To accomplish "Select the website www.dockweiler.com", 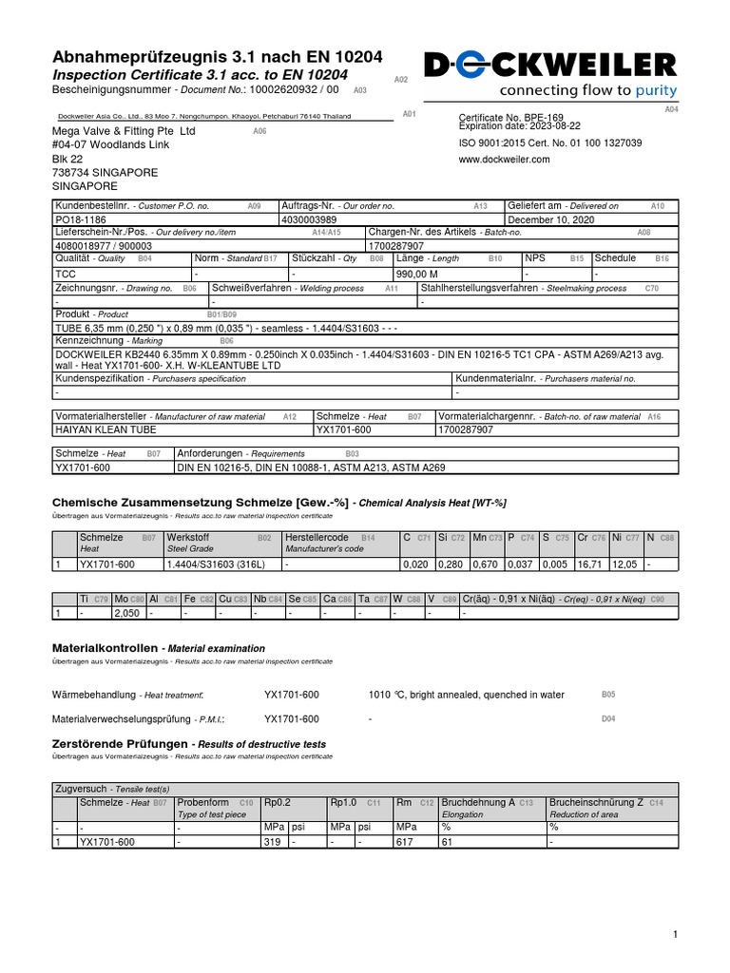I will tap(504, 160).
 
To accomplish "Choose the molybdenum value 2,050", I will tap(126, 613).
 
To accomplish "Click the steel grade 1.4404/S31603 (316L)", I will tap(217, 564).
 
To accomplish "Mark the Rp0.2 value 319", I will tap(272, 841).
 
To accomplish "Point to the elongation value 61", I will tap(447, 841).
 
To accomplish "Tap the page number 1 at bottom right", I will tap(675, 935).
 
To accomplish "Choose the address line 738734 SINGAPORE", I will tap(105, 173).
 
